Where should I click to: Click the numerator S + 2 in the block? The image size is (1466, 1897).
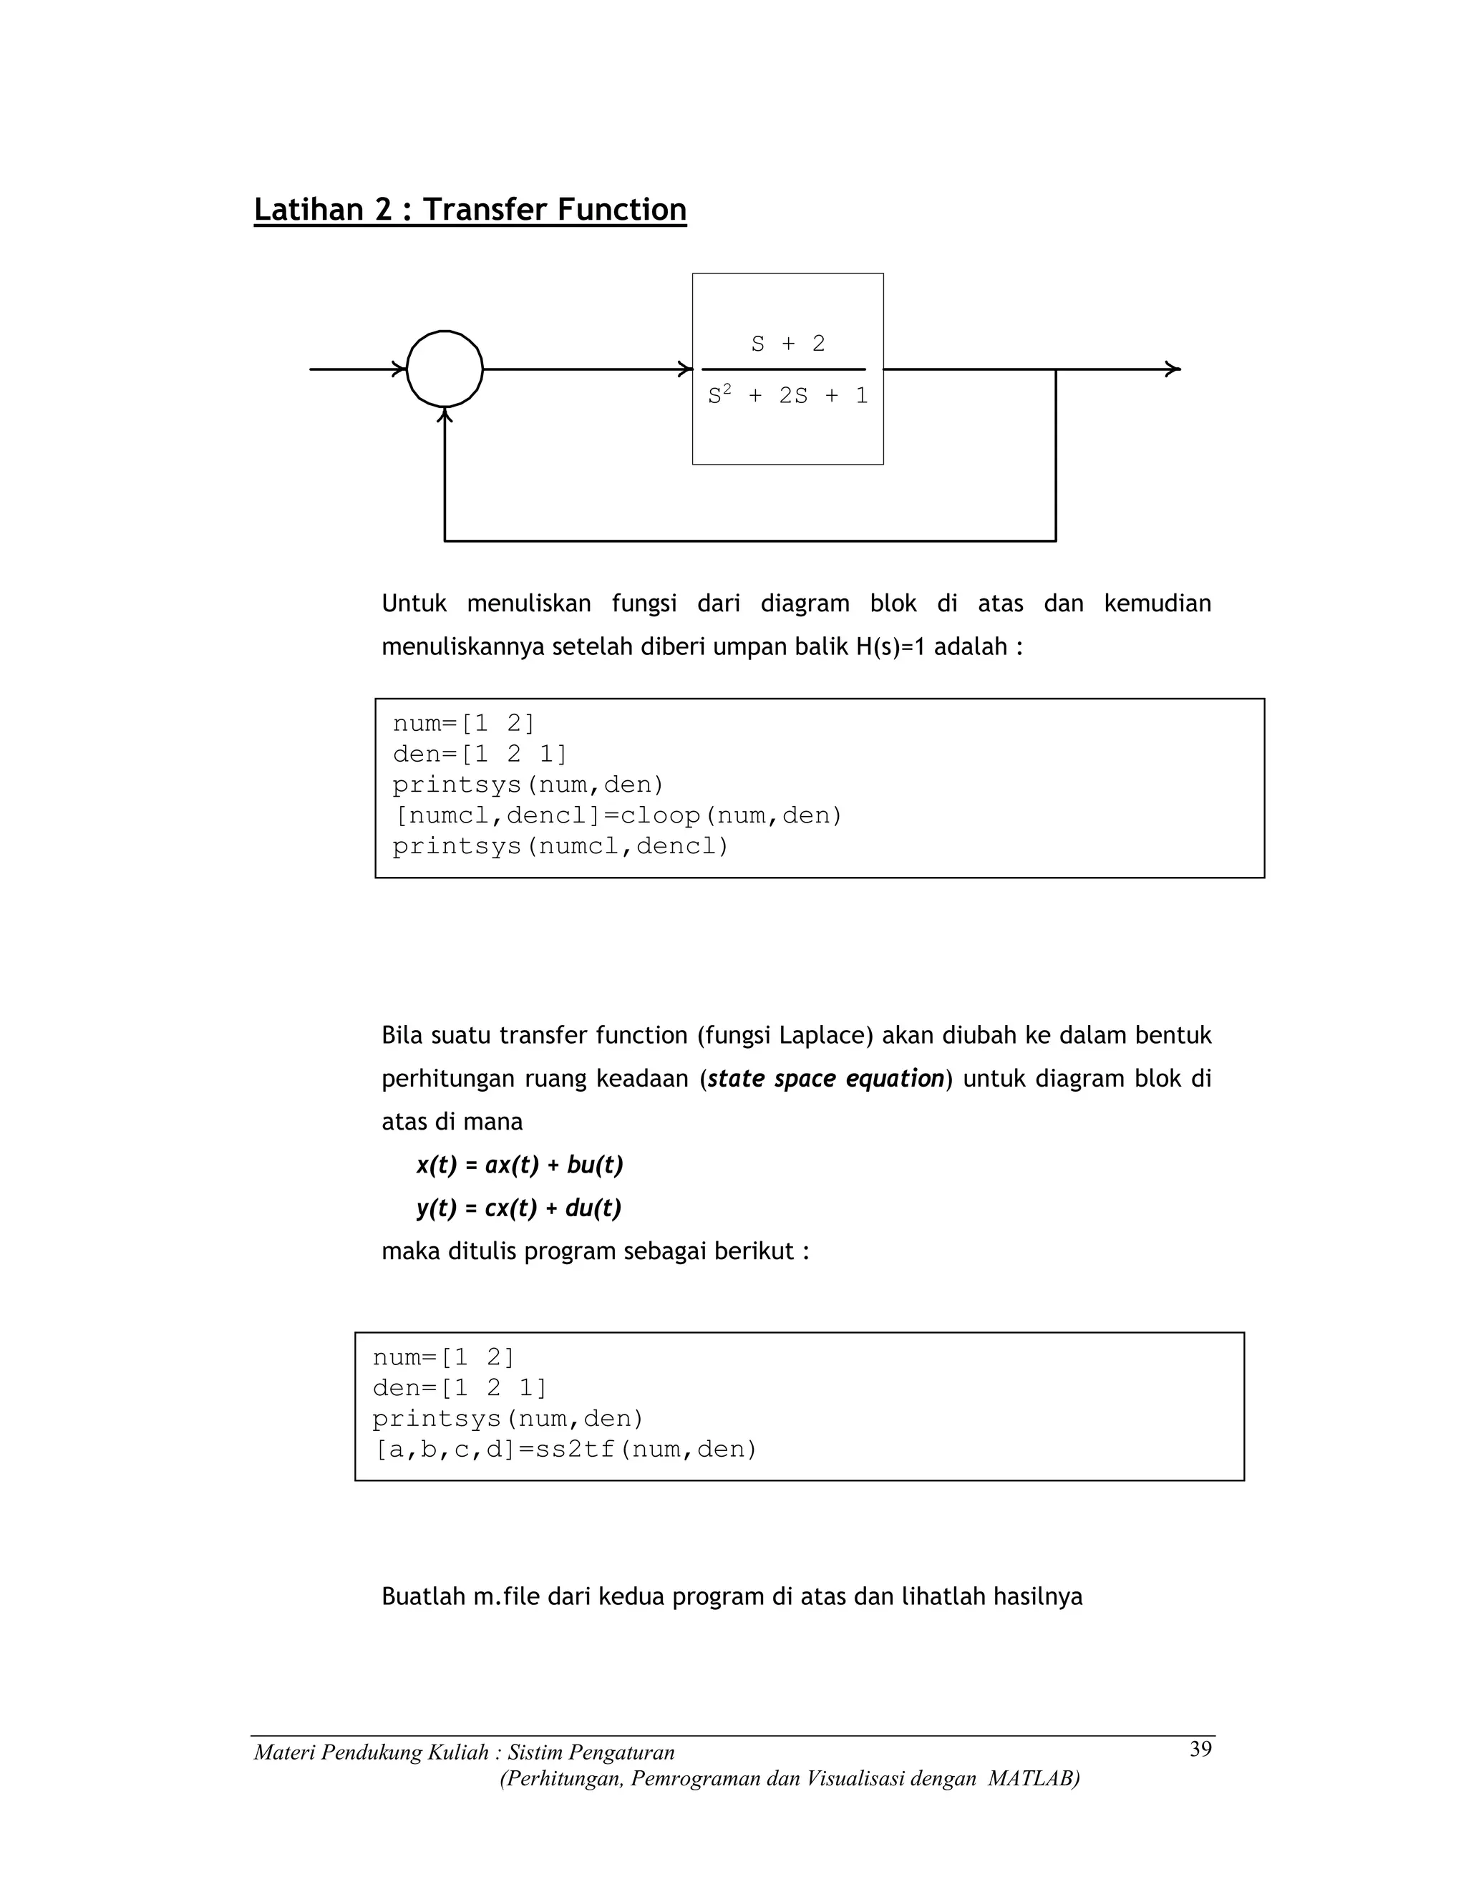787,344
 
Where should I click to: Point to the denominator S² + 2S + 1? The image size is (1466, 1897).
787,396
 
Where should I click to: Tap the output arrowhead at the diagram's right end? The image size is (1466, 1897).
1173,369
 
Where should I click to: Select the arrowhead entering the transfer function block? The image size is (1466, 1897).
685,369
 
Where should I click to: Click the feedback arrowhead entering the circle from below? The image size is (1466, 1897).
445,416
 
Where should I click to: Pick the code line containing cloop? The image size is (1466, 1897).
618,815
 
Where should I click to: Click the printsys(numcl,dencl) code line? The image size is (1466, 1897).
560,846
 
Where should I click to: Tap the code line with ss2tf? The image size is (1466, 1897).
565,1449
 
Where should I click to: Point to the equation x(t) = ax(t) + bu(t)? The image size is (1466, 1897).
520,1165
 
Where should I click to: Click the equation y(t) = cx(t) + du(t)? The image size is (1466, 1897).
518,1208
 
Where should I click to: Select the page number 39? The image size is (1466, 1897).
1200,1750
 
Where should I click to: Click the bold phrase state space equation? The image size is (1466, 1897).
825,1079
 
